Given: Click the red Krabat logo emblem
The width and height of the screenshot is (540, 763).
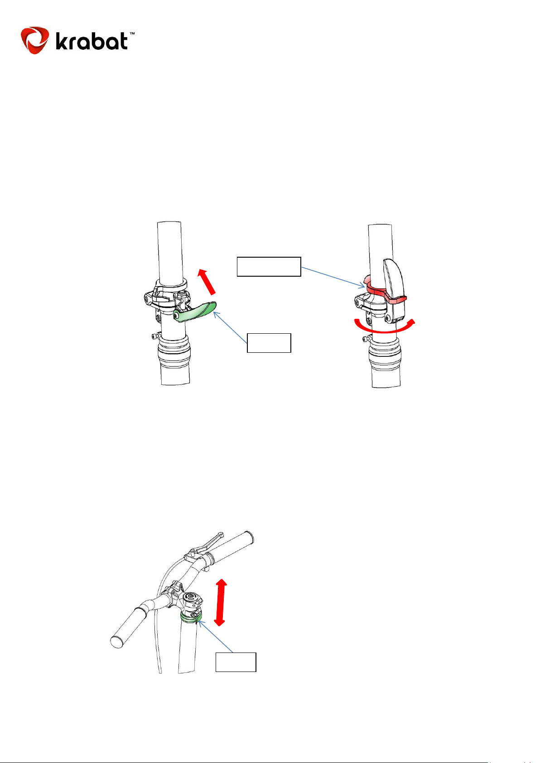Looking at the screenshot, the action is click(x=35, y=40).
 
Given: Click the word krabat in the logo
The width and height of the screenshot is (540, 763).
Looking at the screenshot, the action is click(x=92, y=41).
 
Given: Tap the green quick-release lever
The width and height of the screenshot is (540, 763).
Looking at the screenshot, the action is click(x=195, y=312).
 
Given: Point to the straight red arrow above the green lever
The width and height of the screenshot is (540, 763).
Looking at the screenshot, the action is click(x=207, y=282).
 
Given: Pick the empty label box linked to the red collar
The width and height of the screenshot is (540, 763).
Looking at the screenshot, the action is click(x=269, y=267).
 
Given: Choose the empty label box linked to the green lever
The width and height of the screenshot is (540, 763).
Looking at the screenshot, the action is click(x=269, y=343).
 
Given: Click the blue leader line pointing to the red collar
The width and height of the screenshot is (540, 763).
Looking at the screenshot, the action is click(x=333, y=277).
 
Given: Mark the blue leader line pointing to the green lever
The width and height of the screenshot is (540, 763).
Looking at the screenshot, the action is click(x=230, y=327).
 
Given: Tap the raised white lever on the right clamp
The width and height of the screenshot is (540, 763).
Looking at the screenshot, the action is click(x=394, y=289).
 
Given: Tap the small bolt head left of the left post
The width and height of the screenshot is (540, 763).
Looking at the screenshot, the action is click(x=155, y=336).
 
